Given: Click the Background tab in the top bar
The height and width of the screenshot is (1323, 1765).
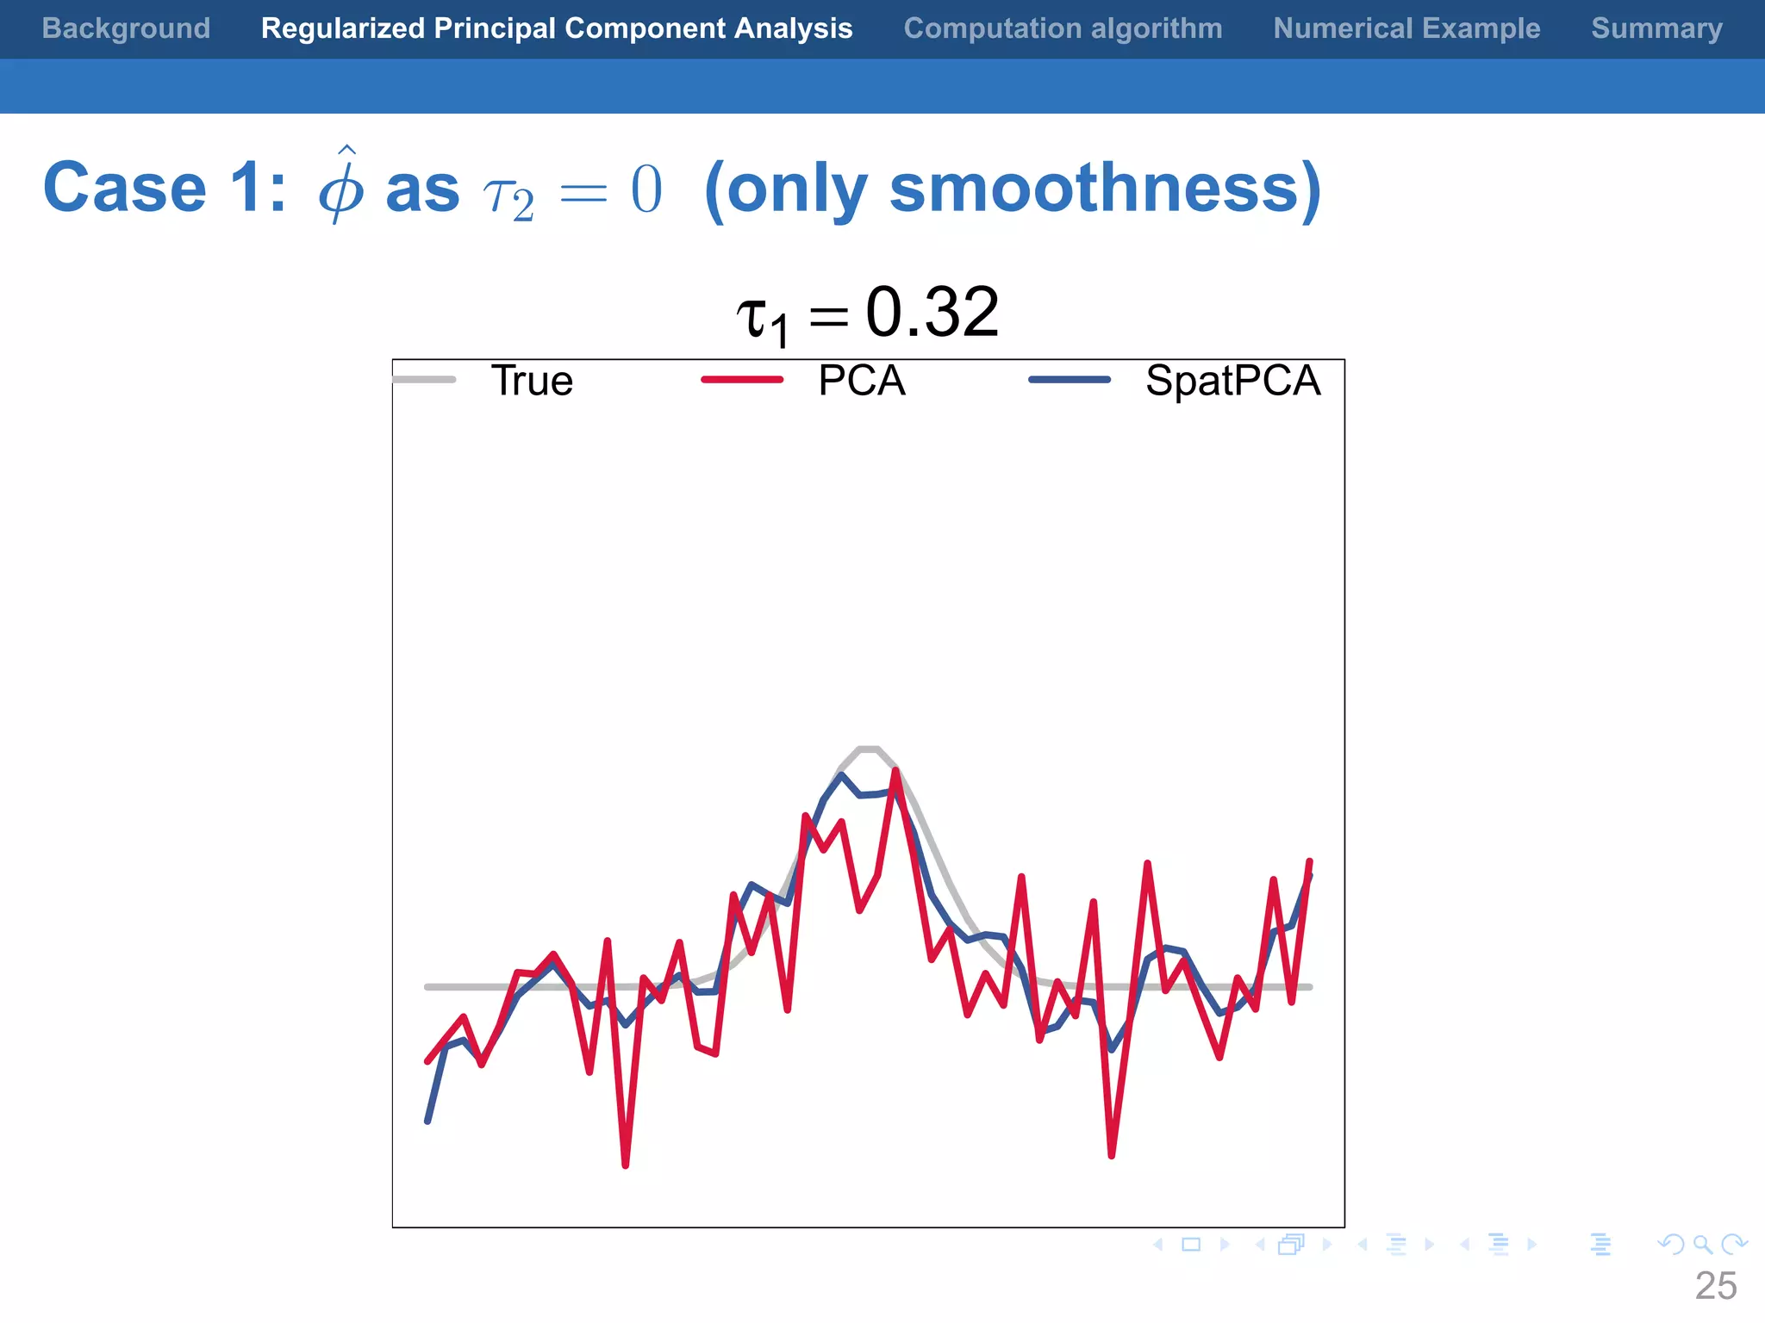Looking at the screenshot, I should point(126,28).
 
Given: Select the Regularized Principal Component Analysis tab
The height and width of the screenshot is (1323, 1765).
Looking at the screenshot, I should point(557,28).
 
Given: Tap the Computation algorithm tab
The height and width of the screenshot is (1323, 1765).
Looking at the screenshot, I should point(1063,28).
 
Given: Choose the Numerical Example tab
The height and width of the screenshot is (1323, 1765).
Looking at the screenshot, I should point(1406,28).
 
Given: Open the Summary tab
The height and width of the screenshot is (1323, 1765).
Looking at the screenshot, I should point(1656,28).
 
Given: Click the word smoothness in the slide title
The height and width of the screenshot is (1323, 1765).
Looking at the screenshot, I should point(1093,188).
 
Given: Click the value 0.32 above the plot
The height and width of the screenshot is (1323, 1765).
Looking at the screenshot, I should point(932,312).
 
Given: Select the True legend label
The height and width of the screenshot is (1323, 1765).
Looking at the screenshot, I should point(532,381).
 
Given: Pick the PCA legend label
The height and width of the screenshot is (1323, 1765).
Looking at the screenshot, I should point(861,381).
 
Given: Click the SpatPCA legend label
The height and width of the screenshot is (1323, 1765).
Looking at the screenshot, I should point(1232,381).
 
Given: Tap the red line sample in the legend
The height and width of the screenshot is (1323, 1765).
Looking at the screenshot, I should point(742,380).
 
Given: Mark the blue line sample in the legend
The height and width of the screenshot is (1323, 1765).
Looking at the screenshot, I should point(1070,380).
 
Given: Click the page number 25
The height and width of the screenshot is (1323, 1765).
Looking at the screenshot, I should point(1715,1286).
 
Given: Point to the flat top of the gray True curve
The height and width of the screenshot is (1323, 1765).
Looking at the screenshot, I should point(869,749).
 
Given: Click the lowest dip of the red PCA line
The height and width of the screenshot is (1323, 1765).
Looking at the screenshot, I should point(626,1165).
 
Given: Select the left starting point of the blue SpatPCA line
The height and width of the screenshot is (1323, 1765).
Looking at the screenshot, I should point(427,1121).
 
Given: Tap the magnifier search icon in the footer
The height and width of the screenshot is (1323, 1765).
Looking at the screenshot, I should point(1702,1245).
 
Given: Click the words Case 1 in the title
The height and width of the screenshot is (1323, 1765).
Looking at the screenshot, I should point(164,188).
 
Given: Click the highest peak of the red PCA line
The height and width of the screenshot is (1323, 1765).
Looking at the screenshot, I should point(896,771).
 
